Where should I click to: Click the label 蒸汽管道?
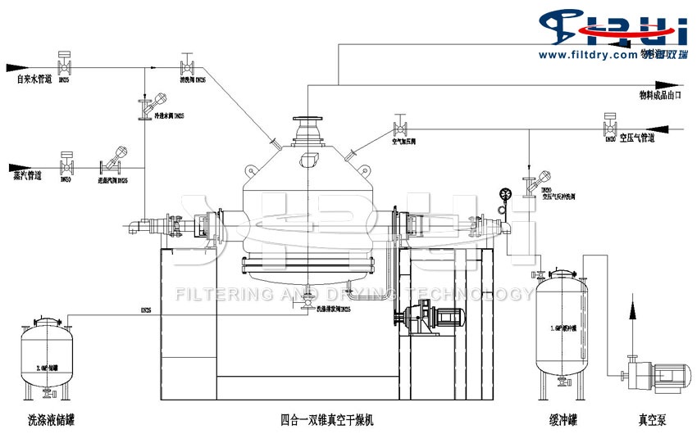coord(28,174)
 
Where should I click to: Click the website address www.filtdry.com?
coord(585,54)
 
